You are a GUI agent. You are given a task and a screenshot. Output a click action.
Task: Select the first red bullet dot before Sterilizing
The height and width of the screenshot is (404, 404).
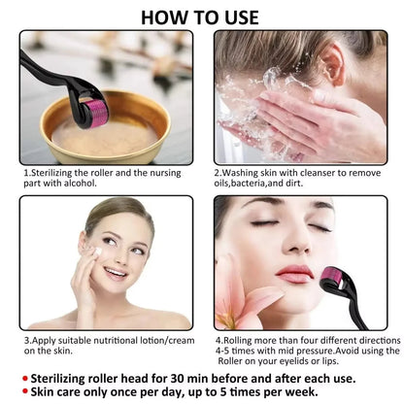24,376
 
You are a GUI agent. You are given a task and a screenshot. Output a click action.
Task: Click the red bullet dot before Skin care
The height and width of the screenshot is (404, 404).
24,390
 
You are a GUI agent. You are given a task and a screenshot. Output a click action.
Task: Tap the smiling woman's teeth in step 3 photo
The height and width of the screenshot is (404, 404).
116,273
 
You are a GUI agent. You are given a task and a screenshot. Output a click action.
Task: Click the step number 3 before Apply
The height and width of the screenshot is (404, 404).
25,341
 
